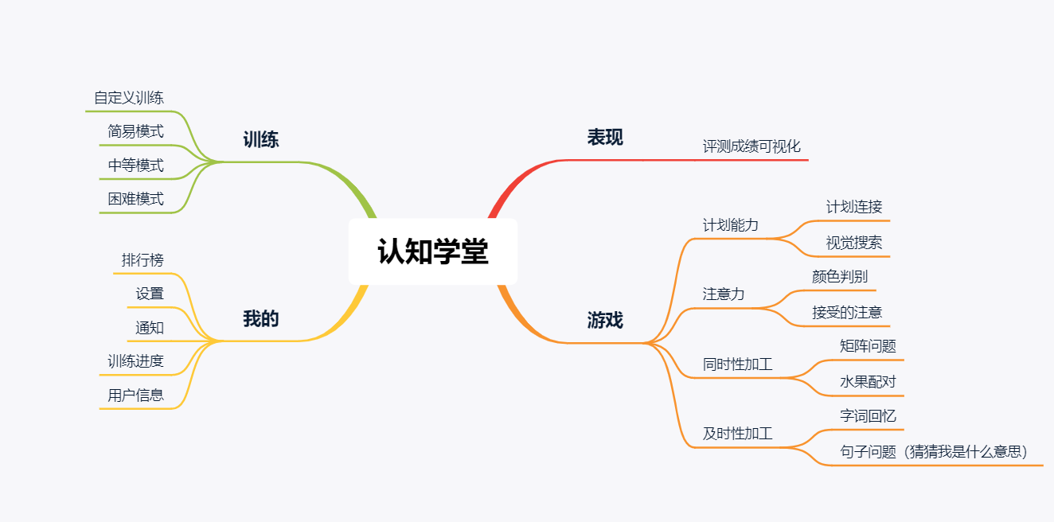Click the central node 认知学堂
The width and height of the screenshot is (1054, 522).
point(433,252)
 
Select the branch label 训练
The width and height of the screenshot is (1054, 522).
point(260,140)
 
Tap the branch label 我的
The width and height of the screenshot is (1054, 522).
point(260,319)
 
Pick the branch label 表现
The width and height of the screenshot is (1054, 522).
point(605,137)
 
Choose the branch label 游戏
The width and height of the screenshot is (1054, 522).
point(605,320)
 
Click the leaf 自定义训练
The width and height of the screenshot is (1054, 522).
point(129,98)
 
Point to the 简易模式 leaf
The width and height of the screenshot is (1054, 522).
point(136,131)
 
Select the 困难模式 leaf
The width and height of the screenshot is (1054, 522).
point(136,199)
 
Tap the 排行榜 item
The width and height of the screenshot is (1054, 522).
point(142,260)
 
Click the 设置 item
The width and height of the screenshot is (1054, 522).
point(150,294)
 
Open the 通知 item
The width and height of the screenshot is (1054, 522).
point(150,327)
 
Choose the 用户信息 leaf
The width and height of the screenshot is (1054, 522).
point(136,395)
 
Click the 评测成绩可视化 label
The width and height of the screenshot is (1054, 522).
point(751,146)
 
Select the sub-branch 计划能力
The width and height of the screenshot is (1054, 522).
point(731,225)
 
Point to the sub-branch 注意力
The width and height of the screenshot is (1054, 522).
point(724,294)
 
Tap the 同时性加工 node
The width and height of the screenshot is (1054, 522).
point(737,365)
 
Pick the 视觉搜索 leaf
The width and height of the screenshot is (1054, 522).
point(854,243)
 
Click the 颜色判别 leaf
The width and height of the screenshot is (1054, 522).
point(840,277)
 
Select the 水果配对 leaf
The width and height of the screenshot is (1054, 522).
point(868,382)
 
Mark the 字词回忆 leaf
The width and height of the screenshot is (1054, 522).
point(868,416)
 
